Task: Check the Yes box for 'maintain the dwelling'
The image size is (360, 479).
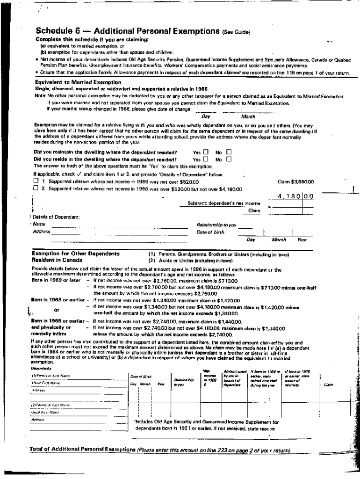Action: click(206, 152)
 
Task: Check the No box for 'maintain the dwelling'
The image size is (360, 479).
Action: click(229, 152)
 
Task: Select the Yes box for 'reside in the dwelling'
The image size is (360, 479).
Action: click(206, 159)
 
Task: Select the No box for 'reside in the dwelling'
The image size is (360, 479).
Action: click(229, 159)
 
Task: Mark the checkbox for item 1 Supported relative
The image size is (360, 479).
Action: click(36, 181)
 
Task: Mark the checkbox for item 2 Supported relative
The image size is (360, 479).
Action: click(36, 189)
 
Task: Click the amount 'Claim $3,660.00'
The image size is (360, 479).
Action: click(295, 181)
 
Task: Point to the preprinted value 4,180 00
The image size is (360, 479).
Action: click(295, 196)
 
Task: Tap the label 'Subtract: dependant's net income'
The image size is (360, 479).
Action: click(223, 203)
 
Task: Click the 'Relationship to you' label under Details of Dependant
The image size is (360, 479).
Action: click(216, 225)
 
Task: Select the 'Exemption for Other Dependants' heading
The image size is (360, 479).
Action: click(75, 253)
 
